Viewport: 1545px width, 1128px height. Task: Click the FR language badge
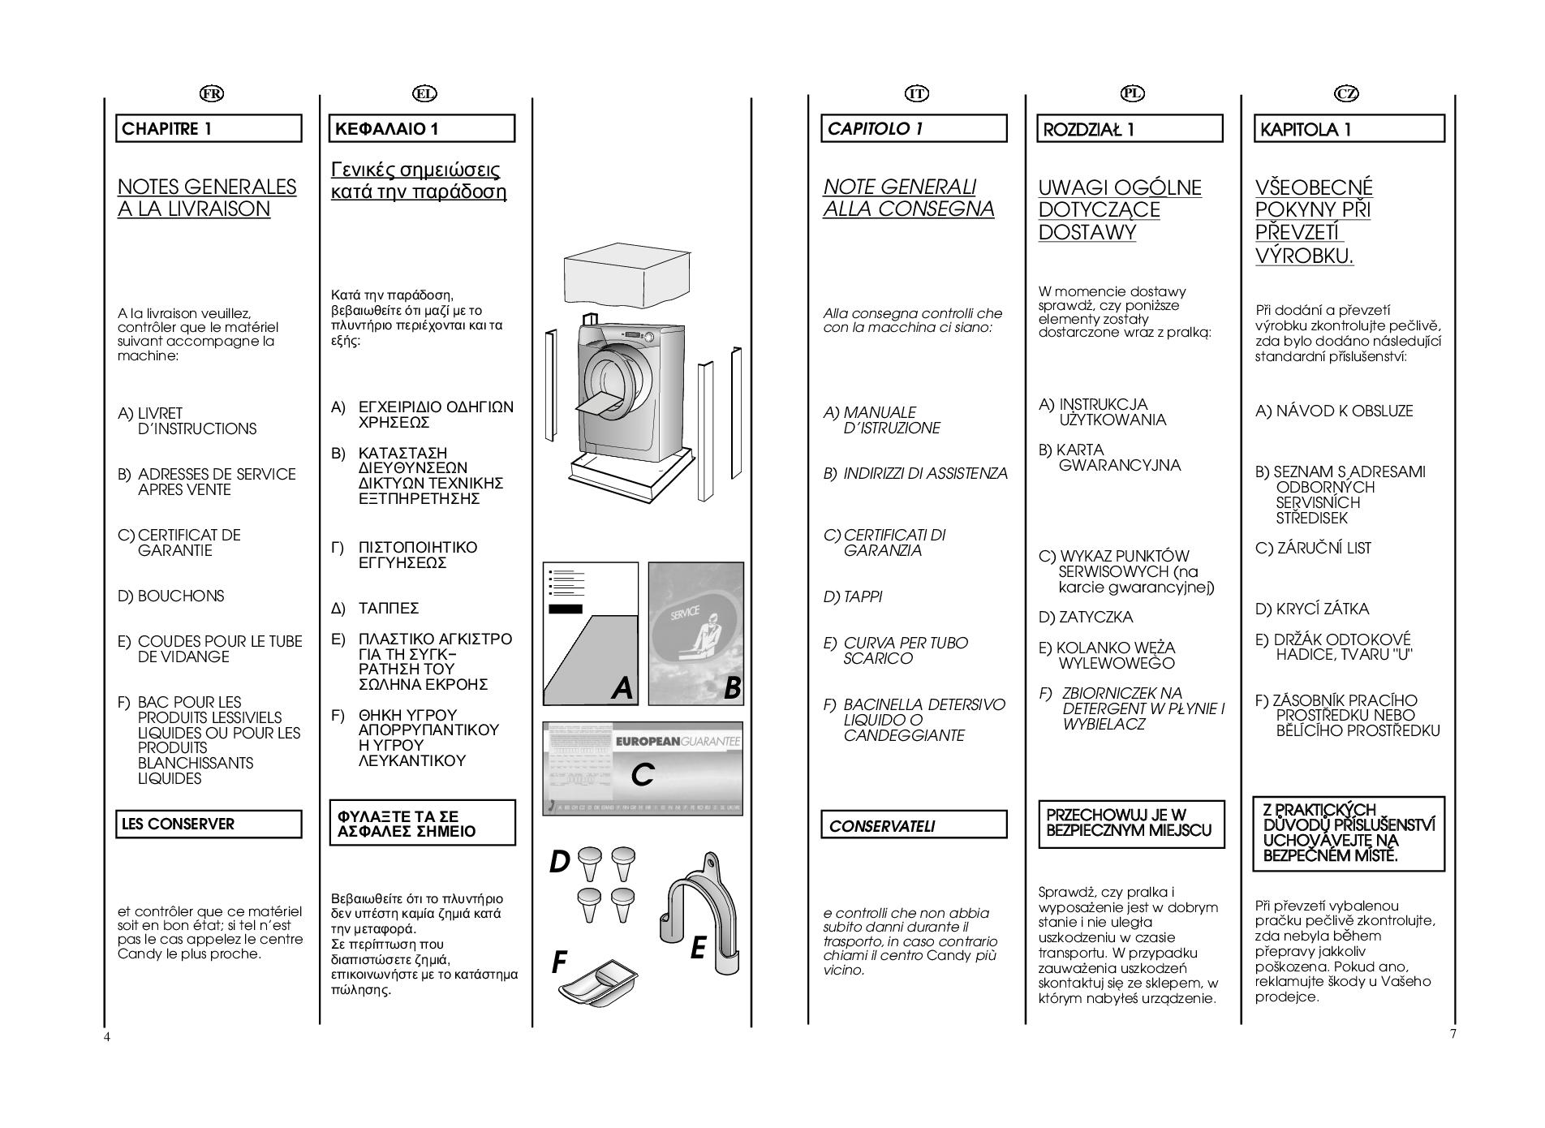(x=212, y=93)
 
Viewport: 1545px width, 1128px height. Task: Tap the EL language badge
(x=424, y=93)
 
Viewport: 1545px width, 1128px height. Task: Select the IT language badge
(x=916, y=93)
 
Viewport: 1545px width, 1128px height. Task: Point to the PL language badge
(x=1132, y=93)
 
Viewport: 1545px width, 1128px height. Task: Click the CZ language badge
(x=1346, y=93)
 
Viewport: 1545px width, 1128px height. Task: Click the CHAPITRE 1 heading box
(x=209, y=128)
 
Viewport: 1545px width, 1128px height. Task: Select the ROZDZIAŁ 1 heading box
(x=1130, y=129)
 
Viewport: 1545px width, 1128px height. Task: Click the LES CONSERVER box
(x=209, y=824)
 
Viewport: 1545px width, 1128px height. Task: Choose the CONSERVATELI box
(x=914, y=825)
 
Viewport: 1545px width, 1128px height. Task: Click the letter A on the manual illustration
(x=622, y=688)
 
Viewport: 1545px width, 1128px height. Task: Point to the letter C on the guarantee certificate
(x=642, y=774)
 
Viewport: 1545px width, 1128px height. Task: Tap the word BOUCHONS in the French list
(x=181, y=596)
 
